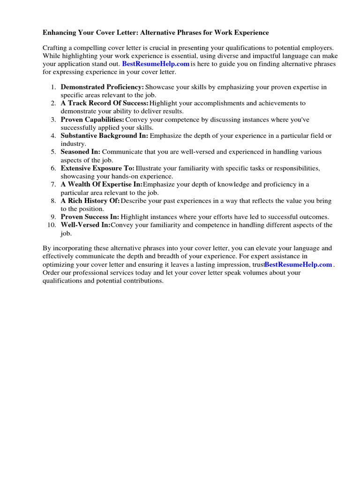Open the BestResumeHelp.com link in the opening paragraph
156,64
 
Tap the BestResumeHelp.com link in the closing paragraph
298,265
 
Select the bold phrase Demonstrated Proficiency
102,87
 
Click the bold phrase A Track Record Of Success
105,103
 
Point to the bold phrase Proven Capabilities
92,120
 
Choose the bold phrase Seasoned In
80,152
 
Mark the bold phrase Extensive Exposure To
97,168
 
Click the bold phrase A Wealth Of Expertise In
101,185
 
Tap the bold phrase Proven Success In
90,217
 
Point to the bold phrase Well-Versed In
85,225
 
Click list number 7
53,185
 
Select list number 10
52,225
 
